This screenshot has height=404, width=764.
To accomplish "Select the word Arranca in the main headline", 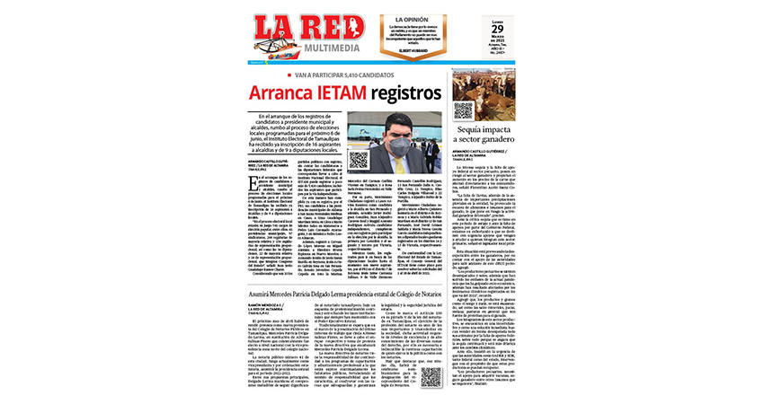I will [291, 93].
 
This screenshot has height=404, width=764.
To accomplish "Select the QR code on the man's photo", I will [358, 160].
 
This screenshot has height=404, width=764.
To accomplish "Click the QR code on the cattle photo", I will [464, 110].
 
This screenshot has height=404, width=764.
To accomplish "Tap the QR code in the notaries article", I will [430, 375].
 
